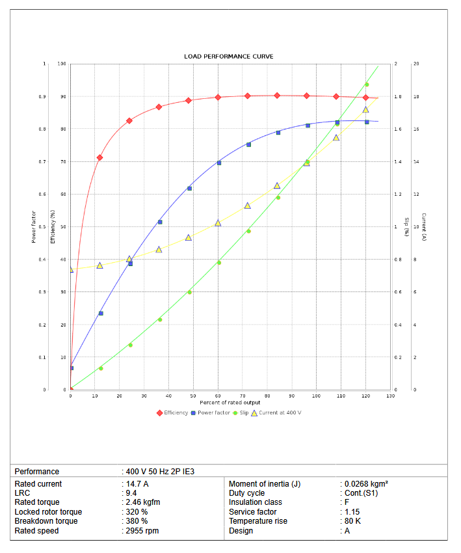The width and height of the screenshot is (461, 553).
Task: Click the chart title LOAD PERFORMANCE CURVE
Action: click(228, 57)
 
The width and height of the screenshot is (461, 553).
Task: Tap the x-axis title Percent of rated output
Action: click(230, 403)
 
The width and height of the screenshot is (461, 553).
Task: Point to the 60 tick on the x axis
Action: click(218, 396)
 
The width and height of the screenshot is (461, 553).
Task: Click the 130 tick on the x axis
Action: click(390, 396)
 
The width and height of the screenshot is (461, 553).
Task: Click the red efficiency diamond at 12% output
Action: click(99, 157)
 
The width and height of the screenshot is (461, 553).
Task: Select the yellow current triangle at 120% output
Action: click(365, 109)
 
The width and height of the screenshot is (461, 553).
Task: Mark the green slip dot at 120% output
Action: click(366, 85)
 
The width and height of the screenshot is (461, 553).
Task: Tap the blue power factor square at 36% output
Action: click(160, 222)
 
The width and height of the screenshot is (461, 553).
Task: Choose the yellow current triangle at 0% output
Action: click(71, 269)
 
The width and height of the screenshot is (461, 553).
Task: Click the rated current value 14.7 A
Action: click(137, 484)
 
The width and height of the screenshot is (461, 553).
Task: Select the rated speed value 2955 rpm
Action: click(142, 531)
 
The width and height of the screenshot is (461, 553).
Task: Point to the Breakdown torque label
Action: click(46, 521)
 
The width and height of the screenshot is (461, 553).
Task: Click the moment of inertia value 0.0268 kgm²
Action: click(366, 484)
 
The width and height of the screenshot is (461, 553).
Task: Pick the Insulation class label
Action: click(256, 502)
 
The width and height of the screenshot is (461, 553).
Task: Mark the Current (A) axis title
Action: click(423, 226)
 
